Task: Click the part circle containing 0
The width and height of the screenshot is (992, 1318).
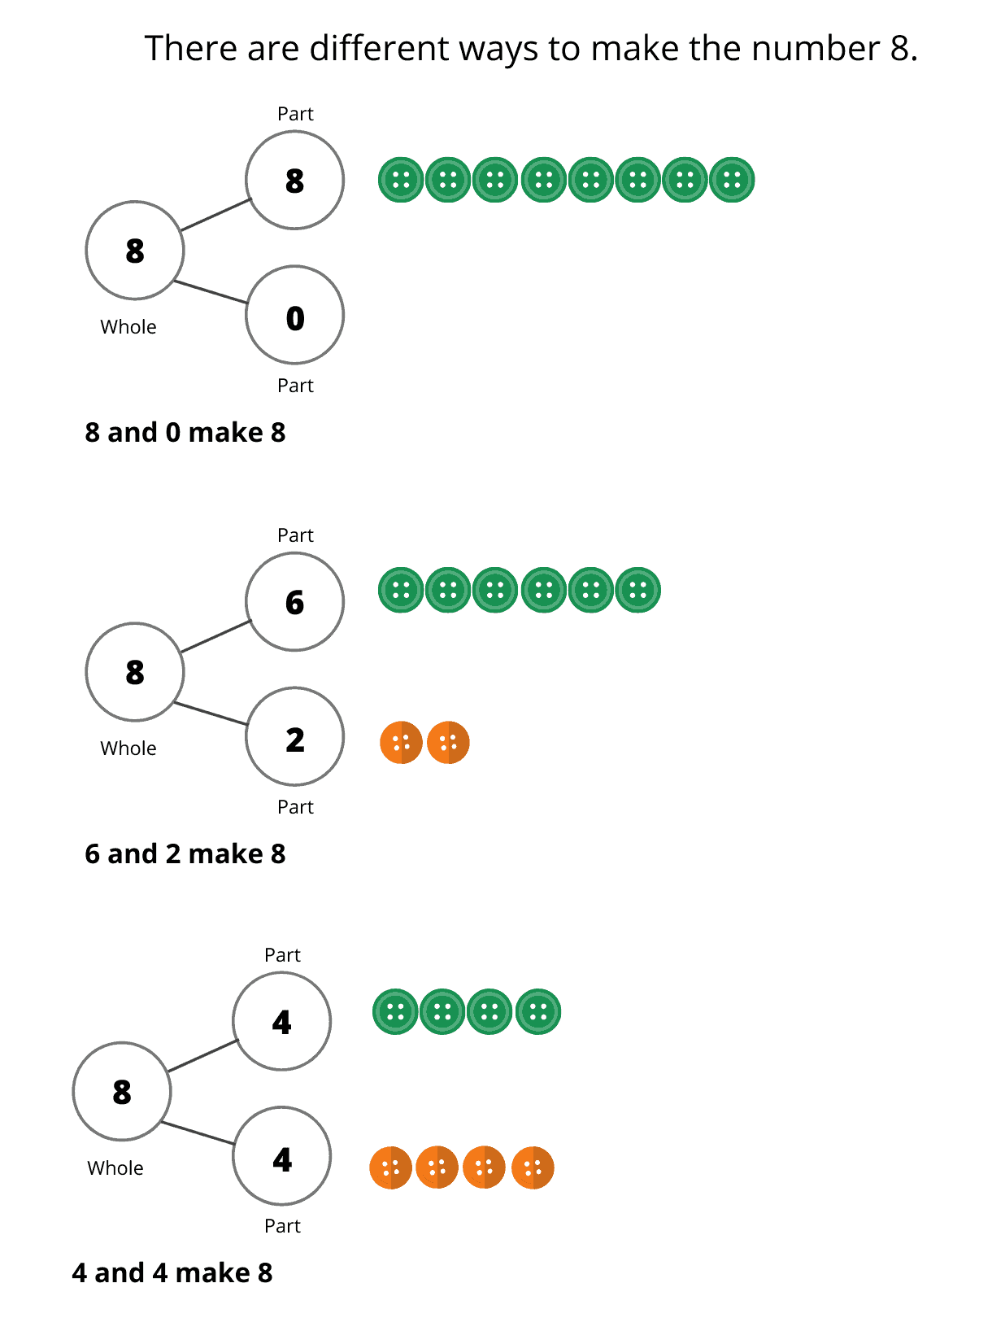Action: [x=294, y=316]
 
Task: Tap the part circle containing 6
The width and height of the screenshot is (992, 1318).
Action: [x=294, y=602]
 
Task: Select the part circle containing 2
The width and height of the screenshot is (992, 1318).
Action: [x=294, y=737]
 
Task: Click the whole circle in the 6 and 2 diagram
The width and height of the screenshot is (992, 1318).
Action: [x=135, y=672]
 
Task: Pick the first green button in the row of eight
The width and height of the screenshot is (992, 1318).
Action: [x=401, y=180]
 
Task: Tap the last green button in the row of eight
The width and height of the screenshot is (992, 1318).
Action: [x=732, y=180]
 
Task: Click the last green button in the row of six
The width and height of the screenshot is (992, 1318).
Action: [x=638, y=590]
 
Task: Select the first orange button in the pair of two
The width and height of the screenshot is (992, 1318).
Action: [x=401, y=742]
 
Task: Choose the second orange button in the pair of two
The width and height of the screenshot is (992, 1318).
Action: [x=448, y=742]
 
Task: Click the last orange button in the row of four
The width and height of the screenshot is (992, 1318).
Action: [x=533, y=1168]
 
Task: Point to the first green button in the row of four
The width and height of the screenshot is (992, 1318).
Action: [x=395, y=1012]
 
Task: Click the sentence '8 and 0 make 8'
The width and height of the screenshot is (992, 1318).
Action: [x=185, y=433]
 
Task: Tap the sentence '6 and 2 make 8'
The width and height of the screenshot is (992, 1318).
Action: [x=185, y=854]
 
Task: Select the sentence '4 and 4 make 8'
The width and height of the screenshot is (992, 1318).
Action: [x=172, y=1273]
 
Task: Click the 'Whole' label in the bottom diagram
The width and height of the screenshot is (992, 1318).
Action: [x=115, y=1168]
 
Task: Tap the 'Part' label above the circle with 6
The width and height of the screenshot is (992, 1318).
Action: [x=295, y=535]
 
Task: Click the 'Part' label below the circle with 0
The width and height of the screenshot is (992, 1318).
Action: [x=295, y=386]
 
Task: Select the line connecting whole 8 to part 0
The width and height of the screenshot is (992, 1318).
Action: [x=211, y=292]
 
